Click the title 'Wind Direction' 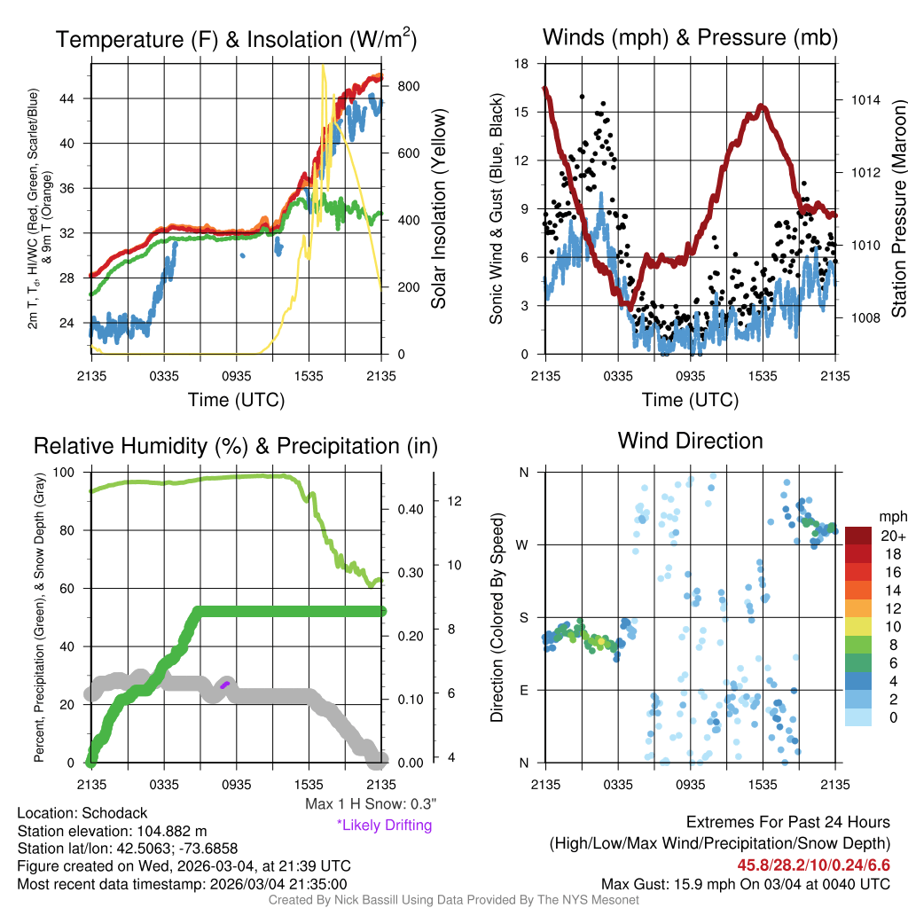[690, 441]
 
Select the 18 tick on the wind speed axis [521, 64]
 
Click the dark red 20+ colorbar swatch [858, 536]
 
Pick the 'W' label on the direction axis [524, 544]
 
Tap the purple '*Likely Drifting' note [384, 825]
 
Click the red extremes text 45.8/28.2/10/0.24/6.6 [813, 865]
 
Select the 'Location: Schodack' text [82, 813]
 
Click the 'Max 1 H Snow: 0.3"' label [371, 804]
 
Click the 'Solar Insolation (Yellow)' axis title [438, 209]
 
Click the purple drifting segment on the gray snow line [224, 684]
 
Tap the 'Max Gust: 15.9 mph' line [745, 883]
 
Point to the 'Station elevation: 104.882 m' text [112, 831]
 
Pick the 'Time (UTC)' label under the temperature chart [236, 400]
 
